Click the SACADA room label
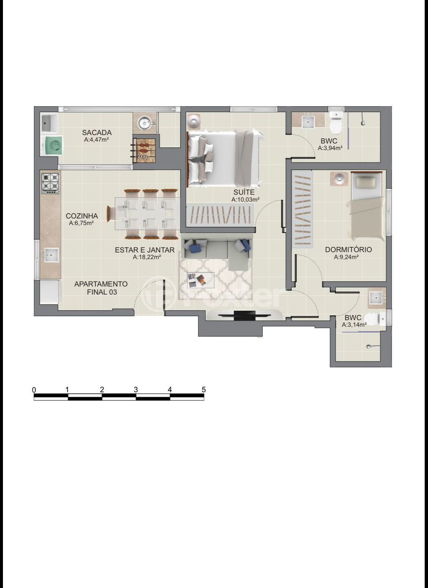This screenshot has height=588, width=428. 97,132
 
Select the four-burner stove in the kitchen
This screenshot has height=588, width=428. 50,183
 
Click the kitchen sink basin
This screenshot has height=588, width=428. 51,254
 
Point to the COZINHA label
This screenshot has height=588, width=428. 82,216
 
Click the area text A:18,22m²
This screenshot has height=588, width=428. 147,257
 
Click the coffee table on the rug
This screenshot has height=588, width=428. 201,280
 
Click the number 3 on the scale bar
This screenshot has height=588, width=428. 136,389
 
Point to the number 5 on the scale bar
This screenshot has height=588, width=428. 204,389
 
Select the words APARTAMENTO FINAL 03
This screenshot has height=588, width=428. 101,288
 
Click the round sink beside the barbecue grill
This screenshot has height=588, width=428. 144,123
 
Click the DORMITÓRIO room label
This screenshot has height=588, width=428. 349,249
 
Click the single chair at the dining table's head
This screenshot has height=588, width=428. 111,214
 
